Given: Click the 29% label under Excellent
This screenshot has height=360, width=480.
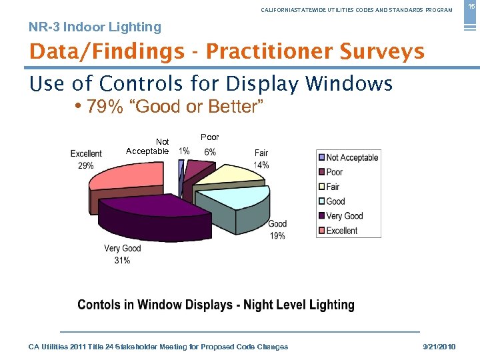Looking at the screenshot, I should (85, 166).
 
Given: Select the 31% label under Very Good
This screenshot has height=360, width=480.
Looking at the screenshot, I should (122, 261).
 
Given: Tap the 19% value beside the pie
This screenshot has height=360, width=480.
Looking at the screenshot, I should (277, 236).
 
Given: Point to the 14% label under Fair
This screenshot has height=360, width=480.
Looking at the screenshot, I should (261, 165).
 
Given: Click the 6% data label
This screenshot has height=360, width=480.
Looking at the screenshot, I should (210, 152).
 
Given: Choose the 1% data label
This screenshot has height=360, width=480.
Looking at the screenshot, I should (184, 151).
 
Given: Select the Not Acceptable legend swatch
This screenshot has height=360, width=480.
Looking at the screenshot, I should (321, 157).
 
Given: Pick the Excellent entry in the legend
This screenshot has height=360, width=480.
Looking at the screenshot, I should (341, 231).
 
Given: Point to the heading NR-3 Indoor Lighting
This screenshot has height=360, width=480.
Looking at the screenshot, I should (95, 27).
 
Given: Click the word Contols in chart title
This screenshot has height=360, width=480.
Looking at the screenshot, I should (99, 305).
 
